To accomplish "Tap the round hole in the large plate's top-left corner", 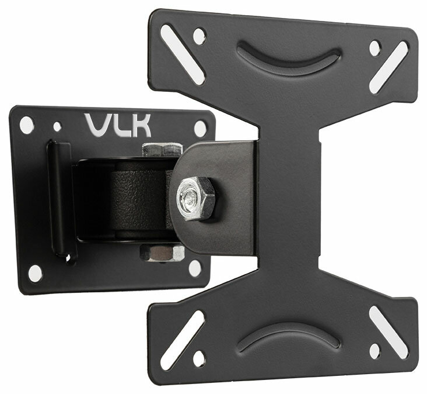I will tap(199, 36).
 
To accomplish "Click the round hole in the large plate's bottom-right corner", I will tap(373, 351).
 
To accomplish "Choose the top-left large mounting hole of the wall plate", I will tap(27, 123).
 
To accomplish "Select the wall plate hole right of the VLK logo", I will tap(200, 128).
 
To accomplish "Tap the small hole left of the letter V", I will tap(57, 125).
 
